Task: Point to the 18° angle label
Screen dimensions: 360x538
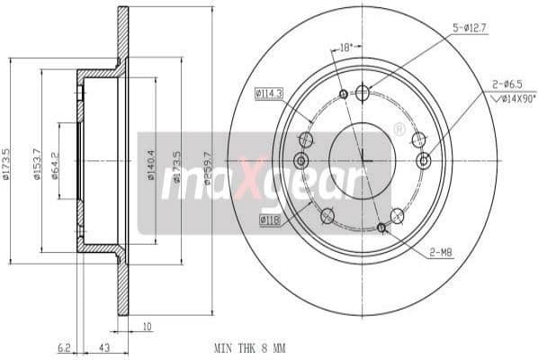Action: click(x=345, y=45)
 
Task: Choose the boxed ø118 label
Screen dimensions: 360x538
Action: click(x=269, y=218)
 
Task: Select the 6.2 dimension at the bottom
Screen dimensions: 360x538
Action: click(x=63, y=346)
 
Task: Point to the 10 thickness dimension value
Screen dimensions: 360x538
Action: click(x=147, y=328)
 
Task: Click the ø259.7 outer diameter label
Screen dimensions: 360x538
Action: click(x=208, y=167)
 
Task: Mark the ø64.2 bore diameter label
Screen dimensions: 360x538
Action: click(x=55, y=162)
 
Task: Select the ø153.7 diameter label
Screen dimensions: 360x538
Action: click(x=37, y=163)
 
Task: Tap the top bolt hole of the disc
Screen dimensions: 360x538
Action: click(x=363, y=93)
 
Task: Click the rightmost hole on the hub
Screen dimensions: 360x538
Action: click(x=425, y=161)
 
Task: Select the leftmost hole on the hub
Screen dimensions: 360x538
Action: click(x=300, y=161)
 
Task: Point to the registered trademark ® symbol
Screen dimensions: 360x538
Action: click(x=399, y=130)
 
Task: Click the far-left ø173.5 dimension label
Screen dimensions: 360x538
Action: click(x=6, y=164)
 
